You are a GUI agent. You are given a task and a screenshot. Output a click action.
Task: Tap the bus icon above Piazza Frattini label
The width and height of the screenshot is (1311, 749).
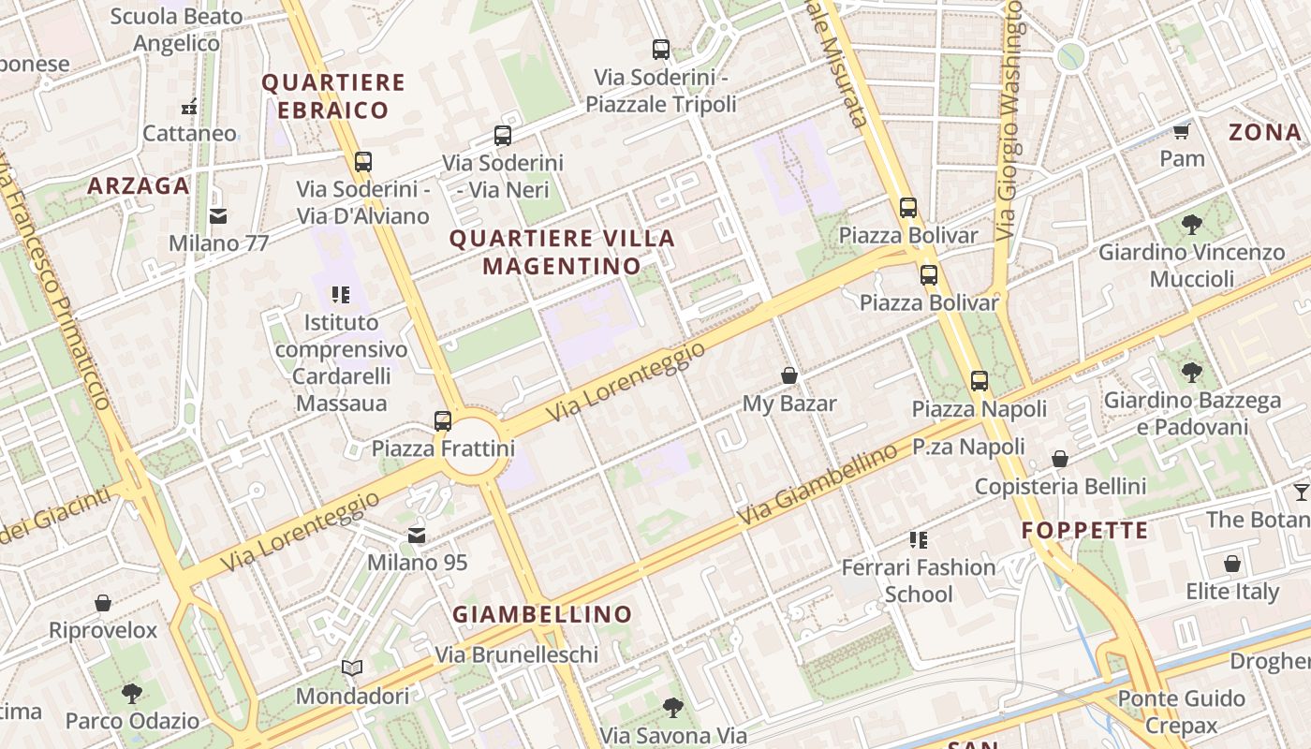pyautogui.click(x=443, y=421)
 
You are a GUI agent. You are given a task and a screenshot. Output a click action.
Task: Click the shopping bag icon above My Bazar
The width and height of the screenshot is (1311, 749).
pyautogui.click(x=789, y=376)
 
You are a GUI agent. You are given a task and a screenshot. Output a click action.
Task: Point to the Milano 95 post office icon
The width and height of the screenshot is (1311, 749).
pyautogui.click(x=417, y=536)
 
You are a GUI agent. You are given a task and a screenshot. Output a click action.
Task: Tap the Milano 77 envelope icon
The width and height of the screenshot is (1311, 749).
pyautogui.click(x=218, y=216)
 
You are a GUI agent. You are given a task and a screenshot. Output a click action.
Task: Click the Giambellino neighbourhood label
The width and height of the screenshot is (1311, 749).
pyautogui.click(x=543, y=615)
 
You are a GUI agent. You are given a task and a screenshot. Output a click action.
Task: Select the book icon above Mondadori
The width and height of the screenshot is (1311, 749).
pyautogui.click(x=352, y=668)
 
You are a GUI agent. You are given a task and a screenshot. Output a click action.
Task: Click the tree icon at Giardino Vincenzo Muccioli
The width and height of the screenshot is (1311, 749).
pyautogui.click(x=1191, y=225)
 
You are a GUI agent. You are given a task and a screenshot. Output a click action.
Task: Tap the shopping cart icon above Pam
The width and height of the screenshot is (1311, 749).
pyautogui.click(x=1182, y=131)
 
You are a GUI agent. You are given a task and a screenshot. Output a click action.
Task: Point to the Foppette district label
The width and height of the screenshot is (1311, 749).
pyautogui.click(x=1084, y=531)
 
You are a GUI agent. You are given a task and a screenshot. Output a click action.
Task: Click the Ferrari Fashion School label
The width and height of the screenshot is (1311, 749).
pyautogui.click(x=919, y=580)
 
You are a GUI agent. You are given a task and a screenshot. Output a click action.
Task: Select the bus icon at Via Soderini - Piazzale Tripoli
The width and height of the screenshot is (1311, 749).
pyautogui.click(x=661, y=50)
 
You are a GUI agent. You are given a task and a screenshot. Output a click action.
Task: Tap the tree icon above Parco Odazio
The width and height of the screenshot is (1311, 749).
pyautogui.click(x=132, y=694)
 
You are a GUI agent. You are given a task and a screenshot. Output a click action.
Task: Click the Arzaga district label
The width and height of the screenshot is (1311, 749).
pyautogui.click(x=139, y=185)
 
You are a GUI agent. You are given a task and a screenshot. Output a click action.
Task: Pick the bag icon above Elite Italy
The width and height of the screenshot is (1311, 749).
pyautogui.click(x=1232, y=565)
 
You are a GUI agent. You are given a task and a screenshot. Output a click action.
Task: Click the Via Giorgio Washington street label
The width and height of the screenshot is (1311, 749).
pyautogui.click(x=1009, y=122)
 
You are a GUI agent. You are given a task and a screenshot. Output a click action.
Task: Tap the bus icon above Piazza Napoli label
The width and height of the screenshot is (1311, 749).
pyautogui.click(x=980, y=381)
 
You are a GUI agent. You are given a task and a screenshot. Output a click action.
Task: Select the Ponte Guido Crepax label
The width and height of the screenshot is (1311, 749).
pyautogui.click(x=1182, y=712)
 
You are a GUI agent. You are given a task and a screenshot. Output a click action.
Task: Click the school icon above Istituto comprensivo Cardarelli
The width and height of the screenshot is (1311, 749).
pyautogui.click(x=341, y=296)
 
